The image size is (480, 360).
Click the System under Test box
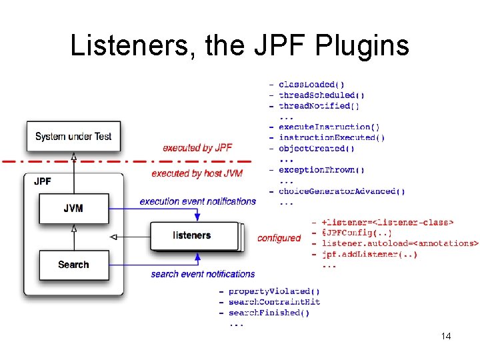click(73, 136)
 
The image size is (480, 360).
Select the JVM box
click(73, 208)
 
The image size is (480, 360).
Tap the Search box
click(73, 265)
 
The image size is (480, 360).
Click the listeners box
click(191, 235)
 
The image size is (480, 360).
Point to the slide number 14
click(446, 336)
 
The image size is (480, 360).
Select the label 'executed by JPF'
click(197, 148)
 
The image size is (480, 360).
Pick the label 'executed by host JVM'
click(197, 173)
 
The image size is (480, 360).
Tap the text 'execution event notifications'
click(198, 201)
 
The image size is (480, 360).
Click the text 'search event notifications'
click(203, 274)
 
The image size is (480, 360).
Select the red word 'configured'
click(279, 238)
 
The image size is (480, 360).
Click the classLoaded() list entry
click(311, 85)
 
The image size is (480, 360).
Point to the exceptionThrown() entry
click(321, 170)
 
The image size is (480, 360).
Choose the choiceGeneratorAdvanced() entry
click(341, 191)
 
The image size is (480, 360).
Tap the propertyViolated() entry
click(274, 291)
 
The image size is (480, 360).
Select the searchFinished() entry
click(269, 313)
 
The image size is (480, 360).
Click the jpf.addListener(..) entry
click(369, 254)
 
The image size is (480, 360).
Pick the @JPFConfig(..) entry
click(357, 233)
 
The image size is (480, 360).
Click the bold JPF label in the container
click(43, 181)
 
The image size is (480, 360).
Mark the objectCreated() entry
click(317, 149)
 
